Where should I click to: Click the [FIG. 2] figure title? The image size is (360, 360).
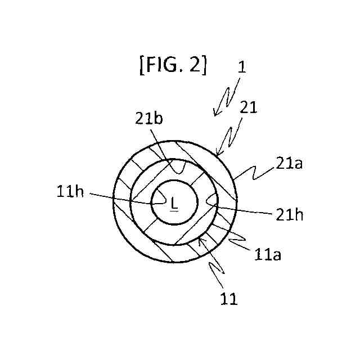[x=173, y=65]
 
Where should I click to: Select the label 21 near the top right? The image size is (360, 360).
[x=248, y=108]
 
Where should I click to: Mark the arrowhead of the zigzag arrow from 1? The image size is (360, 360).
[x=215, y=114]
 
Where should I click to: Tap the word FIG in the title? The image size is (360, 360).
[x=163, y=65]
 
